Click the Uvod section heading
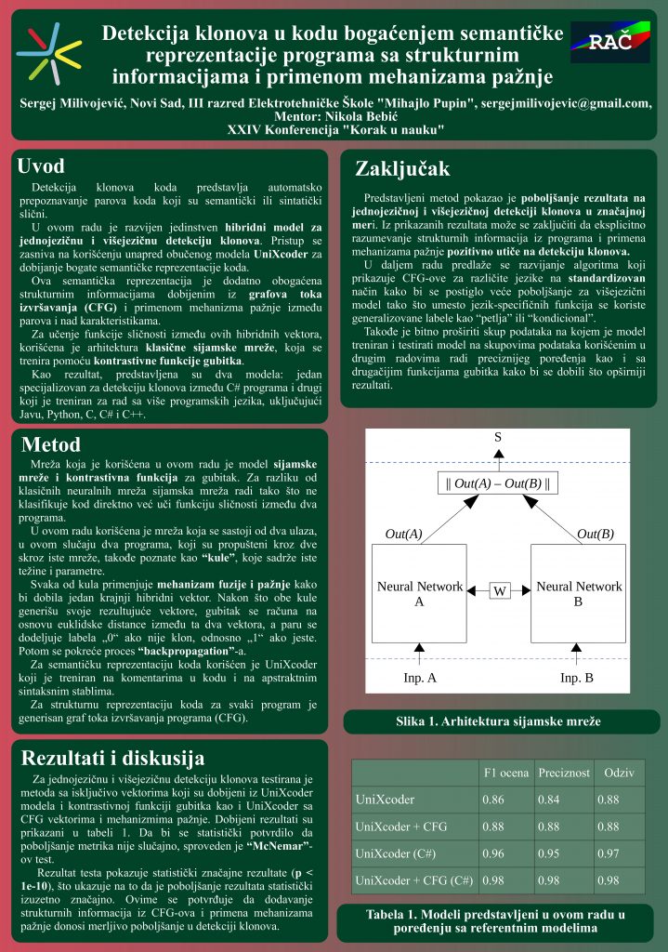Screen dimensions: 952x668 click(x=41, y=166)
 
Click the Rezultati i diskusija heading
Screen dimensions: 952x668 click(x=112, y=757)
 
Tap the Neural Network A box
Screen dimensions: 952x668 click(x=419, y=593)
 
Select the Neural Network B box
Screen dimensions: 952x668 click(x=578, y=593)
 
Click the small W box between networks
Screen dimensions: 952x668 click(x=499, y=590)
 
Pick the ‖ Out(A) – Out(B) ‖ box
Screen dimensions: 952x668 click(x=498, y=483)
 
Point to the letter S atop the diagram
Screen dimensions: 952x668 click(x=498, y=437)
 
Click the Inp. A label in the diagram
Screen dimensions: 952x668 click(x=419, y=678)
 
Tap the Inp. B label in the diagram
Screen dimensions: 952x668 click(x=577, y=678)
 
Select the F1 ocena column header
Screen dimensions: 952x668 click(x=507, y=773)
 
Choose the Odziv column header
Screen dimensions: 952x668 click(x=620, y=773)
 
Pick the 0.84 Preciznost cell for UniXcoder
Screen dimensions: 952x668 click(x=549, y=800)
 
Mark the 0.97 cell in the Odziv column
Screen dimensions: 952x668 click(x=609, y=853)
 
